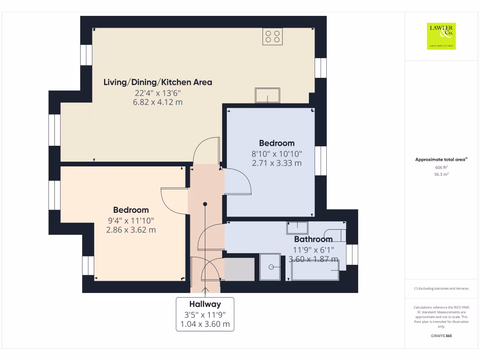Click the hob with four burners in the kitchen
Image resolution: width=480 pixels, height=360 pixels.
[272, 37]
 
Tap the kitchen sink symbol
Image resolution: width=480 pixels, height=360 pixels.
[267, 96]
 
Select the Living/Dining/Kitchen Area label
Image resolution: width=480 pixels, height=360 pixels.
[157, 82]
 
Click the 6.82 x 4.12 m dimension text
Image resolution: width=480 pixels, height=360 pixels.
[157, 102]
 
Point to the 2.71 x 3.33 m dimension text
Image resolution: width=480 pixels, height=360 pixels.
[277, 163]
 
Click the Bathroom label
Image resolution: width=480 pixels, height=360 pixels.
[313, 240]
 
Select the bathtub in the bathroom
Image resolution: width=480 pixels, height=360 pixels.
[315, 271]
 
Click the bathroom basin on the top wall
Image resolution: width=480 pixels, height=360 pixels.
[297, 227]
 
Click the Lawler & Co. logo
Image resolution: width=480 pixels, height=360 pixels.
[441, 36]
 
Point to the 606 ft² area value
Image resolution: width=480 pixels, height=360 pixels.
[441, 167]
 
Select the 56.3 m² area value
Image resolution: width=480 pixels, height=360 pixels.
[441, 174]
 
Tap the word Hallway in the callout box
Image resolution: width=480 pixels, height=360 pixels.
[205, 304]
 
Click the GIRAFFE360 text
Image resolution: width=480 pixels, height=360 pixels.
[441, 336]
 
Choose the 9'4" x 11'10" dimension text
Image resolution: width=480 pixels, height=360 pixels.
[131, 220]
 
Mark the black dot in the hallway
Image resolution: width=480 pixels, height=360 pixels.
[205, 204]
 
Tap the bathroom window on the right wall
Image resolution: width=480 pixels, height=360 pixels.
[352, 255]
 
